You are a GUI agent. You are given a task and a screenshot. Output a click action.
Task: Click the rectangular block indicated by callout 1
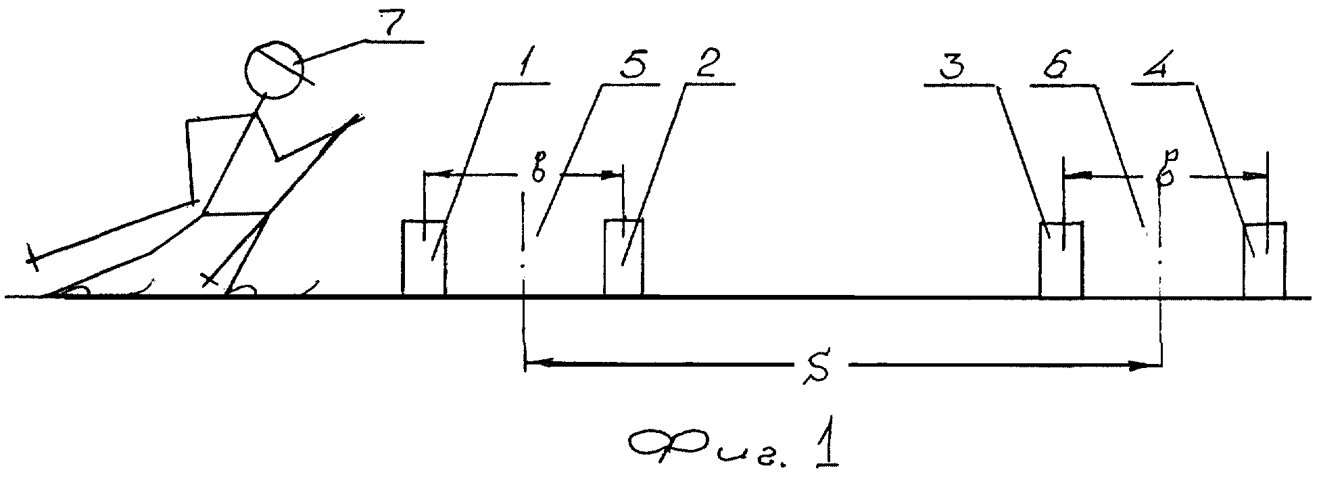[x=424, y=258]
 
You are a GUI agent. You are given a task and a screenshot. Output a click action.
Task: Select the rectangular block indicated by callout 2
[x=624, y=258]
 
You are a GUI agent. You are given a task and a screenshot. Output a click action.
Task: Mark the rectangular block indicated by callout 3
[x=1061, y=260]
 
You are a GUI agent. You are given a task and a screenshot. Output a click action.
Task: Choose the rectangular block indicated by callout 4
[x=1265, y=260]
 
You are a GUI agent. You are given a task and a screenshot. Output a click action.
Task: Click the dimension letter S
[x=822, y=369]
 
